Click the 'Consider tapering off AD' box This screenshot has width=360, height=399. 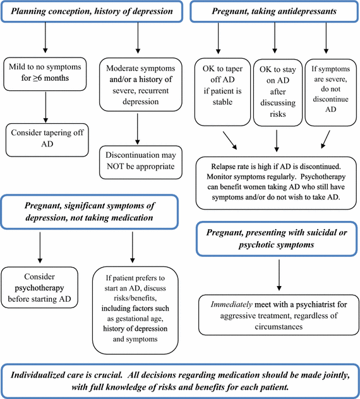coord(45,138)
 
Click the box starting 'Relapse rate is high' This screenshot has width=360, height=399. coord(275,181)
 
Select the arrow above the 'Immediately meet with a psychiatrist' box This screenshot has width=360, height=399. coord(279,275)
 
